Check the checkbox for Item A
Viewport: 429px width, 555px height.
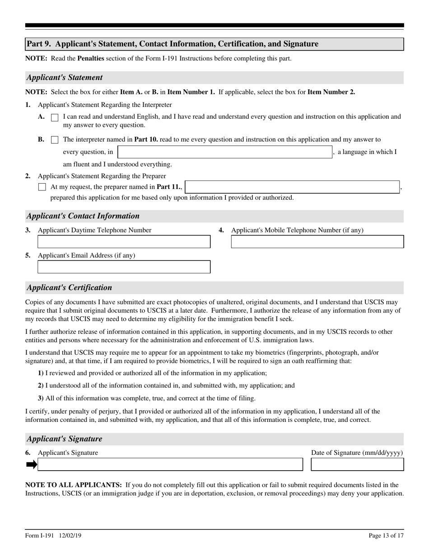55,117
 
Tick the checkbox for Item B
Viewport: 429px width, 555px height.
55,140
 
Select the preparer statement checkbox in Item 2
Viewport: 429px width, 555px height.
42,187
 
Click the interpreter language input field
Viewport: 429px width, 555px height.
224,152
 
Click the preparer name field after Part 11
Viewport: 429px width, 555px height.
292,187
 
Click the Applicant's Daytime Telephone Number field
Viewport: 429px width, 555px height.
124,242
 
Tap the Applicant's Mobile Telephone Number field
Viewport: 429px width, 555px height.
317,242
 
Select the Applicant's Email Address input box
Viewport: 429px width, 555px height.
124,267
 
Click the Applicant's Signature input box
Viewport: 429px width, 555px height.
170,464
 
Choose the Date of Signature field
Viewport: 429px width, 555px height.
357,464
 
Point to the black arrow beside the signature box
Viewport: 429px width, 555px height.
31,464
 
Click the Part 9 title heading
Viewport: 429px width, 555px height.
172,44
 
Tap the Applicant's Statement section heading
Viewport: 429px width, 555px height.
65,78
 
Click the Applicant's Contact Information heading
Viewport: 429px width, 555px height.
83,216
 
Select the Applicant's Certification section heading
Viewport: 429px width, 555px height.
69,287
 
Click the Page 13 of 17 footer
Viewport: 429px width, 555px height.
386,536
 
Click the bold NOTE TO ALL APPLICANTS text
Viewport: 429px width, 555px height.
73,485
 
